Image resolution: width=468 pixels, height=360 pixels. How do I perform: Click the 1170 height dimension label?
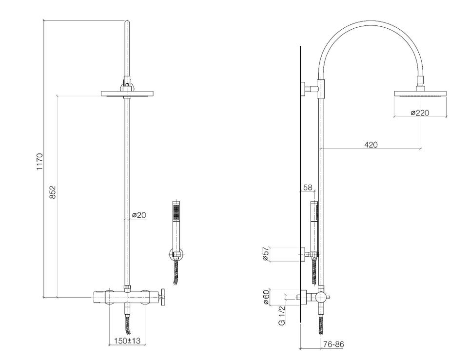(40, 162)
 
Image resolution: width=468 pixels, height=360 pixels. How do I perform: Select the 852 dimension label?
(53, 192)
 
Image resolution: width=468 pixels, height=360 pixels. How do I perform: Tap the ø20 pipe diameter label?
(139, 215)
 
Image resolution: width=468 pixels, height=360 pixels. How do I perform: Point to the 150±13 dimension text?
(127, 341)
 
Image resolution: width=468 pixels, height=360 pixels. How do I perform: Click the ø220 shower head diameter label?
(420, 113)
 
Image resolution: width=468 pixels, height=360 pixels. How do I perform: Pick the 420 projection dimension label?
(371, 145)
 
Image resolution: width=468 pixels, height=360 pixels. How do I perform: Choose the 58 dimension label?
(308, 188)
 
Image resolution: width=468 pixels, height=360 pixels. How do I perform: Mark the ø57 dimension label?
(266, 254)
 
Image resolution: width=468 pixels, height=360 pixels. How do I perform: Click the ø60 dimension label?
(266, 297)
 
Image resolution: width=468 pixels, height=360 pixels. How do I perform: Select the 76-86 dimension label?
(333, 344)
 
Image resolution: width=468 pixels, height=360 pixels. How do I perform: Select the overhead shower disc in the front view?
(127, 94)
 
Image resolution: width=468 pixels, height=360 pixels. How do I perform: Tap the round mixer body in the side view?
(321, 297)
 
